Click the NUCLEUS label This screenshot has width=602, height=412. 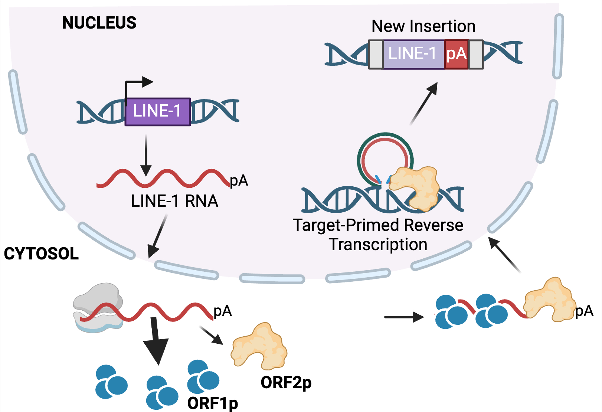point(99,23)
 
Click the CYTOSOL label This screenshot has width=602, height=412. point(41,254)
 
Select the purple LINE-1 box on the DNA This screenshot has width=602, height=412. point(157,112)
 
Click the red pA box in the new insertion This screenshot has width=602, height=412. point(456,54)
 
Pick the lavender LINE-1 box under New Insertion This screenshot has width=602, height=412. point(413,54)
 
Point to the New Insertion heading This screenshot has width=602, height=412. point(423,26)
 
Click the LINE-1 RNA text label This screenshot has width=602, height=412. point(174,201)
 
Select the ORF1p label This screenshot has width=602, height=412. point(213,403)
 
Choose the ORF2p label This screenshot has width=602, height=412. point(286,382)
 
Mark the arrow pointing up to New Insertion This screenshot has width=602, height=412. point(424,104)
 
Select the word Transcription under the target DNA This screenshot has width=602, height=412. point(378,245)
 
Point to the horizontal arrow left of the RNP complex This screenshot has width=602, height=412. point(403,317)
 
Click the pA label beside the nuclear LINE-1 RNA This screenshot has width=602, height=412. point(239,181)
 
